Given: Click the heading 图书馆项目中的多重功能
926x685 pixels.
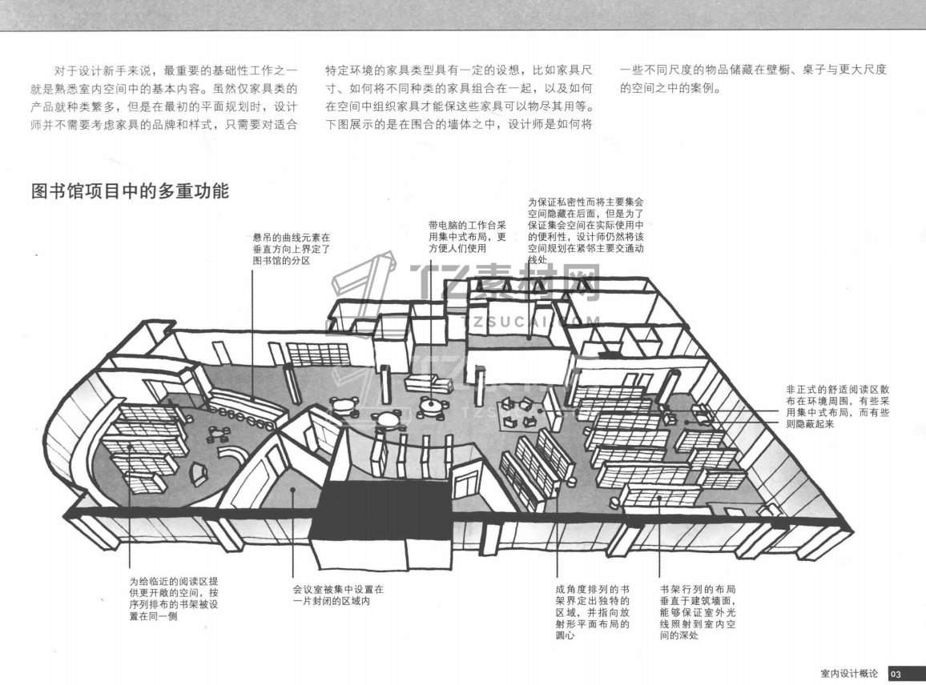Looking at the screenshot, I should tap(130, 191).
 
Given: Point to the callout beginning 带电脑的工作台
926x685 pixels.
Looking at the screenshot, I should tap(467, 237).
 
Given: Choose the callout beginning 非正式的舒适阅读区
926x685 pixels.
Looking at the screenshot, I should tap(838, 407).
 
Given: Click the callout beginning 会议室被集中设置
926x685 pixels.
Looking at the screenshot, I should tap(338, 595).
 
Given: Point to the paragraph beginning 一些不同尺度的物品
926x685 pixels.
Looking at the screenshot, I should tap(753, 79).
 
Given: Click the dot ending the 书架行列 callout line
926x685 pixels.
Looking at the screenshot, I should tap(659, 496).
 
